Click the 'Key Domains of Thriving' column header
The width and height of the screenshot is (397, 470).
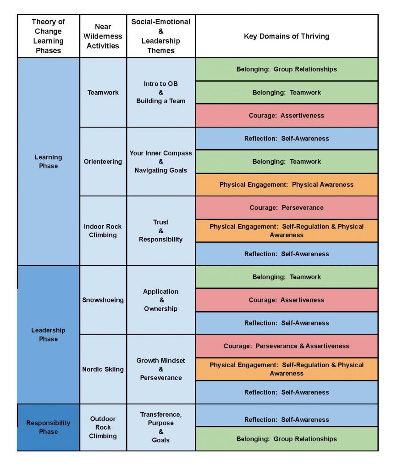287,36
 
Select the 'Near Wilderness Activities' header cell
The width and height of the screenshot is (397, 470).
103,36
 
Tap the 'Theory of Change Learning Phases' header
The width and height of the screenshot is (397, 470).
49,36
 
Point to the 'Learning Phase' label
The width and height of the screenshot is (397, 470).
49,162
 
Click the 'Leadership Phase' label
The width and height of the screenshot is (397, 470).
49,335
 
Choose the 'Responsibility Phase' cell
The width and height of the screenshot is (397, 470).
49,427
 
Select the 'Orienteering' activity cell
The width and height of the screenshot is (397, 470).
103,162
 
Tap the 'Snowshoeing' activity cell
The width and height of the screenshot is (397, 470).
103,300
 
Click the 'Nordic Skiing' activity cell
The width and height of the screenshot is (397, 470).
103,369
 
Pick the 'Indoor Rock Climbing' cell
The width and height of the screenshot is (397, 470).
103,231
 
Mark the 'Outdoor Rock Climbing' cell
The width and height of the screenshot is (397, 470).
103,427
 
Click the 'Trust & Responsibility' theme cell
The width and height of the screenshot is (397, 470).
161,231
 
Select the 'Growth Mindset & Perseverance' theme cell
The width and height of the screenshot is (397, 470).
161,369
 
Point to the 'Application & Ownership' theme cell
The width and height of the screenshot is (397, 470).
161,300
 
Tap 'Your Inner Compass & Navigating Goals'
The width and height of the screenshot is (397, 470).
161,162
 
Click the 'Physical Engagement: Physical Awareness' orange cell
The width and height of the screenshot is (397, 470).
287,185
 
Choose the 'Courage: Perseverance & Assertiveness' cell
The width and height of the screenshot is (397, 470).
287,346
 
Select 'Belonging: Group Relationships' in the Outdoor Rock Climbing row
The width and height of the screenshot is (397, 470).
287,439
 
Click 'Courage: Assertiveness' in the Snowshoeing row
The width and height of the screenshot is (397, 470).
287,300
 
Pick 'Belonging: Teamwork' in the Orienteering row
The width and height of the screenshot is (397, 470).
287,162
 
